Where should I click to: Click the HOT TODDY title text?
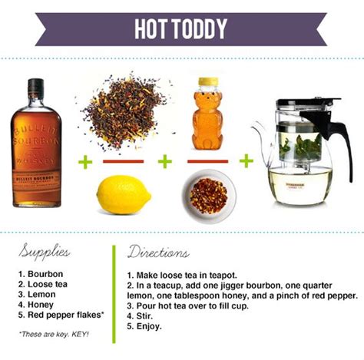(181, 29)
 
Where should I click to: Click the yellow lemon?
(123, 195)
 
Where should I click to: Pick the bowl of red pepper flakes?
(209, 196)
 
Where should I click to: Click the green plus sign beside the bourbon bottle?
(84, 161)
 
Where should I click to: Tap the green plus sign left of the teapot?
(246, 161)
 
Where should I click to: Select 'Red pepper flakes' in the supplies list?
(58, 314)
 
